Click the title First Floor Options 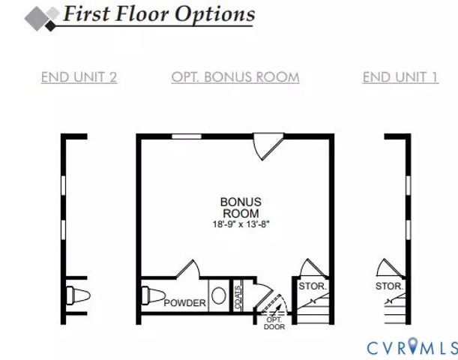[x=158, y=13]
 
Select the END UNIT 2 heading [x=79, y=76]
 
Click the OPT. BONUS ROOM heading [x=235, y=76]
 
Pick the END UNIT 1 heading [x=400, y=76]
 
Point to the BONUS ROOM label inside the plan [x=241, y=207]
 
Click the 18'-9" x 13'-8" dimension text [x=241, y=223]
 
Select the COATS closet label [x=238, y=295]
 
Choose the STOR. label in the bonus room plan [x=311, y=286]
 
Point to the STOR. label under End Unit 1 [x=389, y=286]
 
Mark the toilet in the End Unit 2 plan [x=76, y=295]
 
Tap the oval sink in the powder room [x=218, y=295]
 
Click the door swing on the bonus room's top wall [x=267, y=146]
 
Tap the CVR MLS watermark [x=412, y=347]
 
